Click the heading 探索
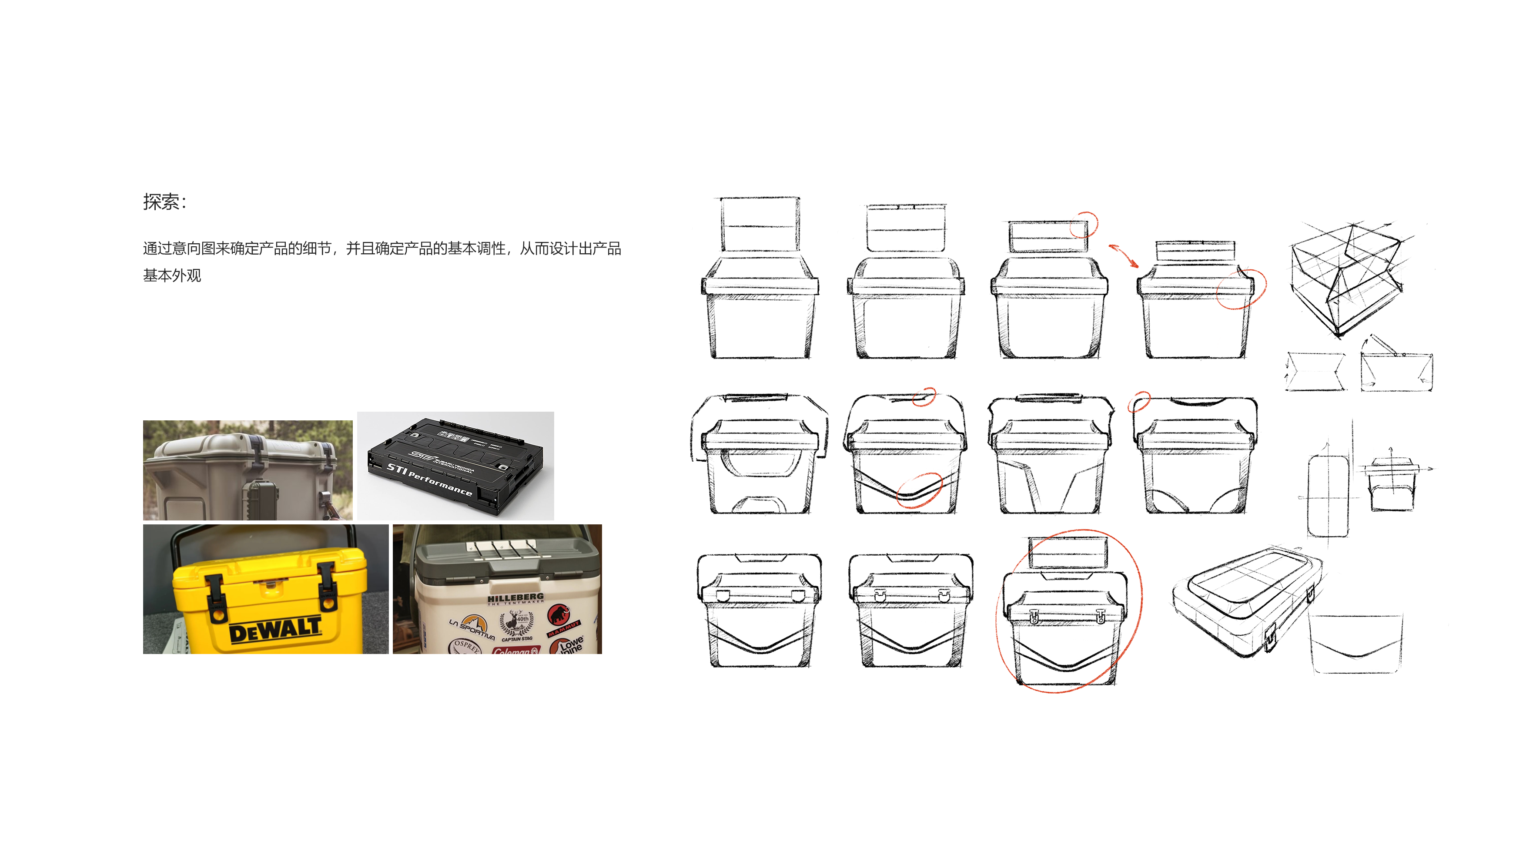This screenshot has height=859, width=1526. [161, 202]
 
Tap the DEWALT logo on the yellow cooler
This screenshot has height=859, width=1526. [275, 631]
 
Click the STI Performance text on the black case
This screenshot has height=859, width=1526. [429, 479]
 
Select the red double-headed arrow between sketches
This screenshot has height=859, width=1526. [1123, 256]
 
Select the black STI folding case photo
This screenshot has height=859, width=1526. [455, 466]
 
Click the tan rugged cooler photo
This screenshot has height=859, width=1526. [247, 470]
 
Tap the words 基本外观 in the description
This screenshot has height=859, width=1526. [172, 275]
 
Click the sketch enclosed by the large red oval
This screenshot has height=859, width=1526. [1066, 616]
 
